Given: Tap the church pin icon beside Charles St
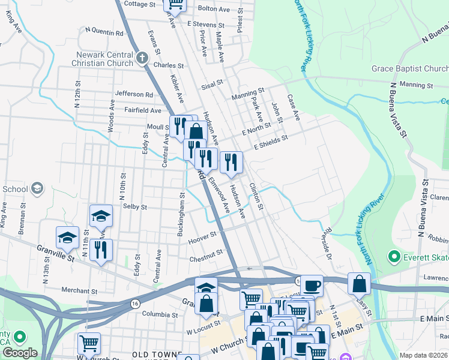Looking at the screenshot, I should click(142, 58).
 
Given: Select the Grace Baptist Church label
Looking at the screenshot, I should click(409, 68).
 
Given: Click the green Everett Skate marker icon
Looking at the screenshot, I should click(394, 257).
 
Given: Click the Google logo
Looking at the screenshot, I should click(20, 352).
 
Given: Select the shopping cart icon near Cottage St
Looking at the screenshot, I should click(176, 5).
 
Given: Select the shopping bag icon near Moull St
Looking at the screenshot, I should click(196, 131).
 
